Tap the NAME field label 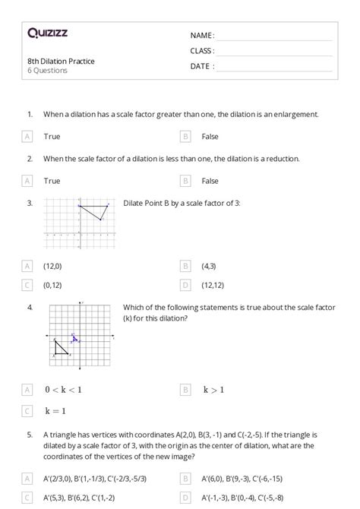pos(202,36)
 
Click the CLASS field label pos(202,51)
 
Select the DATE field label pos(202,66)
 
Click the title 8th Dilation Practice pos(61,61)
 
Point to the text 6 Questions pos(47,71)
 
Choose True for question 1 pos(52,137)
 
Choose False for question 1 pos(210,137)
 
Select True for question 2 pos(52,181)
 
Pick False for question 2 pos(210,181)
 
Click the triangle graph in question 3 pos(79,225)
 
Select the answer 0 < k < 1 pos(63,390)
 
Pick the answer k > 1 pos(213,390)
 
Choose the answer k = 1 pos(56,411)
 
